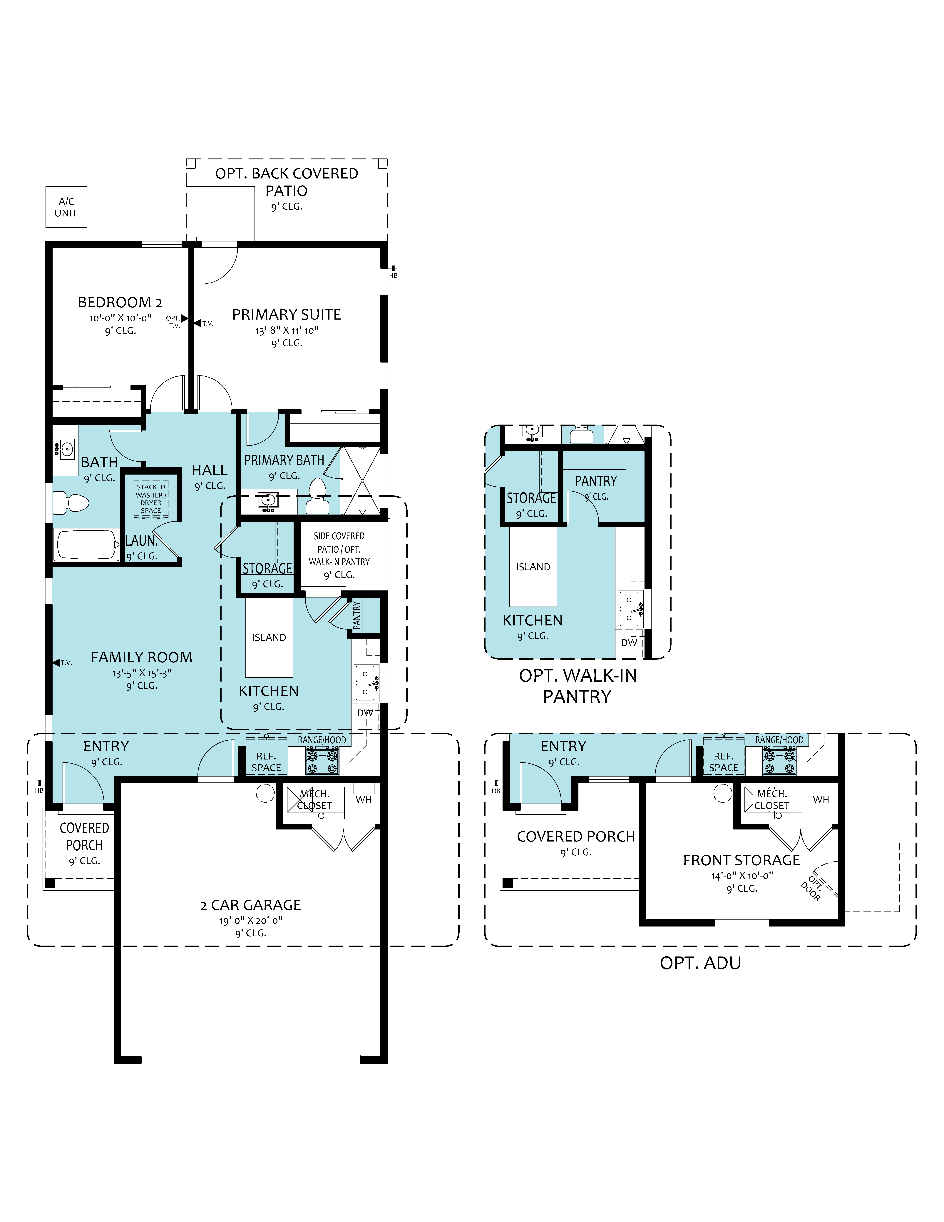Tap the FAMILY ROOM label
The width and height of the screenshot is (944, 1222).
pos(141,657)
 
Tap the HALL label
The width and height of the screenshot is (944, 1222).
pos(210,470)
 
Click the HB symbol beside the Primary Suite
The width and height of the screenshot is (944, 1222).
pos(393,272)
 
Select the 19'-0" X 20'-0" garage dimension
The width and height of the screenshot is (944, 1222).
pos(251,920)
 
